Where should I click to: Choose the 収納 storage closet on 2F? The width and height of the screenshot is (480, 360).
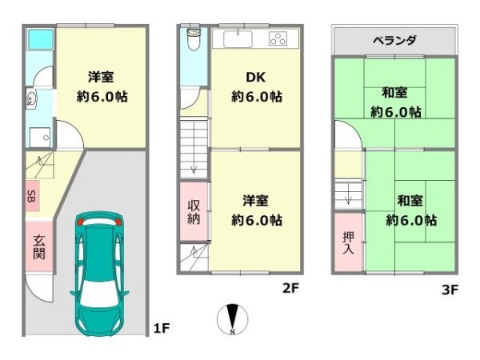pos(194,211)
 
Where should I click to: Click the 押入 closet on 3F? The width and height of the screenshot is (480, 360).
pos(349,242)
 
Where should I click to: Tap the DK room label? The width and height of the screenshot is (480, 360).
pos(256,78)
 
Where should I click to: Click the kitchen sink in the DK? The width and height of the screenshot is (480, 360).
pos(238,39)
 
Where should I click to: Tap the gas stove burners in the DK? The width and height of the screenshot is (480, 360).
pos(278,39)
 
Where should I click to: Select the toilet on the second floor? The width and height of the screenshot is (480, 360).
pos(193,38)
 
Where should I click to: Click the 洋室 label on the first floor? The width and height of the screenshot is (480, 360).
pos(101,78)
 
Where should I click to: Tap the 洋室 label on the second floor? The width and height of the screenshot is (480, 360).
pos(256,199)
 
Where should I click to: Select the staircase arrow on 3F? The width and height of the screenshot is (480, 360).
pos(348,195)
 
